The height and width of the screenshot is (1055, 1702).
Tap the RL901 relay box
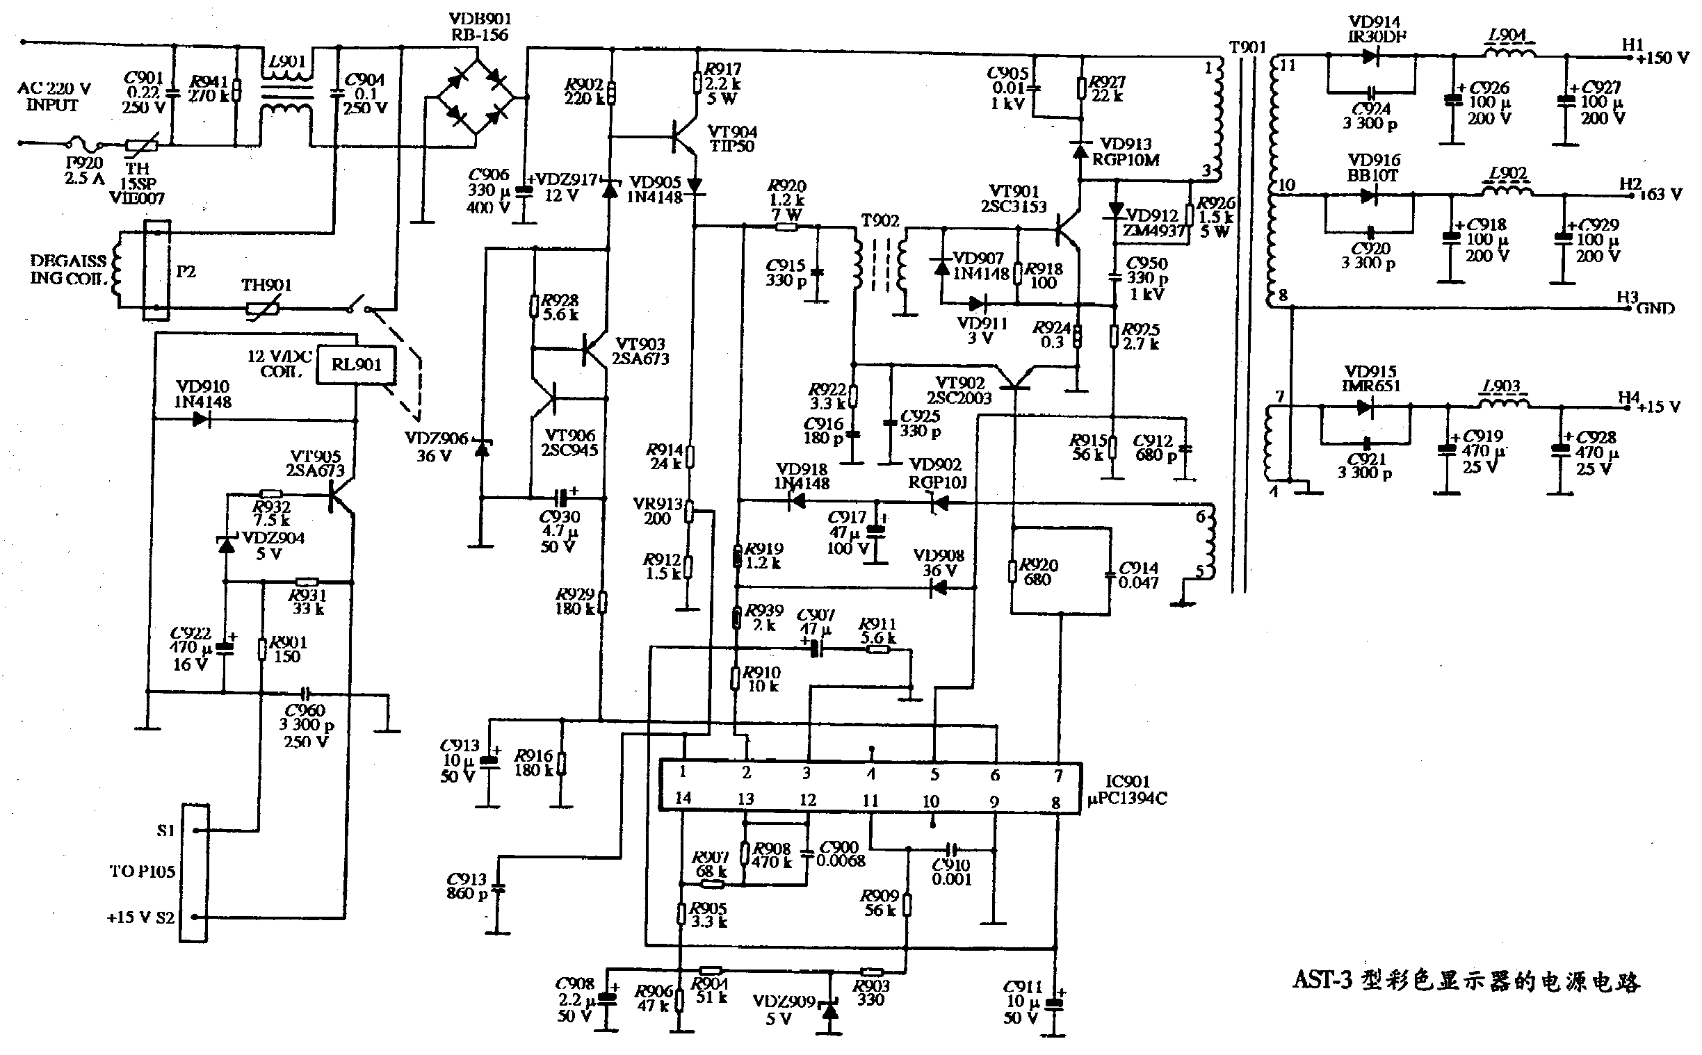click(357, 365)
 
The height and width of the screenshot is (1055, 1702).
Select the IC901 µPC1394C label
click(1127, 790)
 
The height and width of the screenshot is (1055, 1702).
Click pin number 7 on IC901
click(1058, 775)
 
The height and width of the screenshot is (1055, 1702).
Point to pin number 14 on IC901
click(683, 798)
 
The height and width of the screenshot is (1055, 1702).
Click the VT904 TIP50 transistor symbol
click(683, 137)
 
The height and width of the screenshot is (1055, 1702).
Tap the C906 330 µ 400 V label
click(489, 190)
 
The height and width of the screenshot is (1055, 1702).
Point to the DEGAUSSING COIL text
click(67, 270)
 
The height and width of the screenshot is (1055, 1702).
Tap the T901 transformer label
click(1247, 47)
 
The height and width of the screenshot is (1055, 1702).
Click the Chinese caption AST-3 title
click(1466, 981)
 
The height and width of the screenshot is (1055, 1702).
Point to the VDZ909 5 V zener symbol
click(829, 1008)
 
